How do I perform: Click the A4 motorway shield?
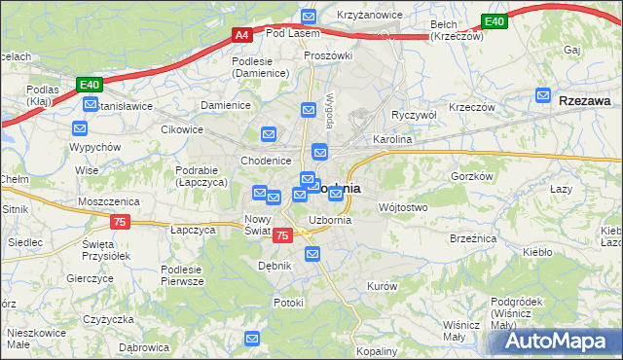tap(242, 35)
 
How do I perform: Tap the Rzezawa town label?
tap(585, 98)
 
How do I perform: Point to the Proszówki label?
tap(327, 55)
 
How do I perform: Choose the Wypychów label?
tap(94, 147)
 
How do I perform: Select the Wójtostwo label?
tap(402, 207)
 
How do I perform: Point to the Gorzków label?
tap(471, 176)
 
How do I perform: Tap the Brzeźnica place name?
tap(474, 236)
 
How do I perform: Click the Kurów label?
tap(382, 285)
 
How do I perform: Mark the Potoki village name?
tap(289, 303)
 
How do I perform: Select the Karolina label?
tap(393, 139)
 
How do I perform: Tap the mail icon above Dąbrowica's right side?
tap(253, 339)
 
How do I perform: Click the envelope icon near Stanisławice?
tap(81, 126)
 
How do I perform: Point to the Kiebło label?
tap(537, 252)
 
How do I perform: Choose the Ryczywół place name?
tap(414, 114)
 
